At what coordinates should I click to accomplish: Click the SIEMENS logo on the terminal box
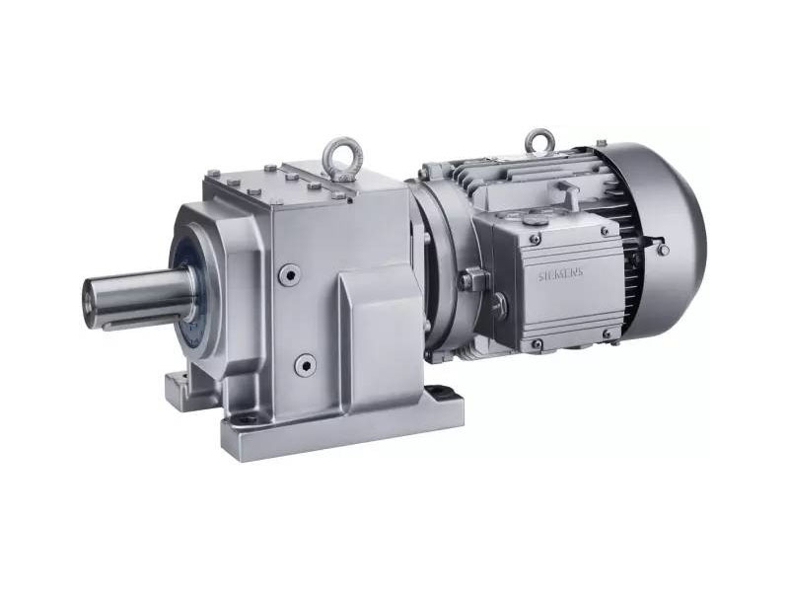point(561,275)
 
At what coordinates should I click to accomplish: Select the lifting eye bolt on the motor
point(539,142)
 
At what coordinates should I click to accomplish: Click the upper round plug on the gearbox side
point(290,274)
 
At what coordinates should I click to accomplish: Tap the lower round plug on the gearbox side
point(305,364)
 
